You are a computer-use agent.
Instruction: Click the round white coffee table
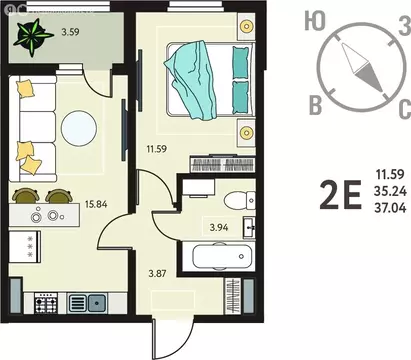(78, 128)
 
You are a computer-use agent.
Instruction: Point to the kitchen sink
(98, 301)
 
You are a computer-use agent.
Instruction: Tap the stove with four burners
(47, 301)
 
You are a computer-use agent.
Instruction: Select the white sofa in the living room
(32, 125)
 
